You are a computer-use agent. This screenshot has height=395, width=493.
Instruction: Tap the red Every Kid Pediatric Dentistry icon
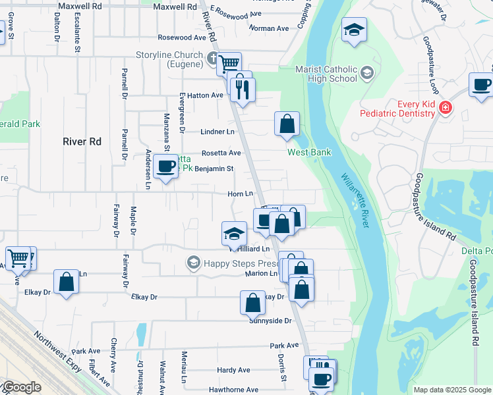[x=446, y=107]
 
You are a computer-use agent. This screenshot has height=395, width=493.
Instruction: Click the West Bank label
[x=308, y=152]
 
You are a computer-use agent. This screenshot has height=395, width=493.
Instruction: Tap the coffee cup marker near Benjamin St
[x=166, y=166]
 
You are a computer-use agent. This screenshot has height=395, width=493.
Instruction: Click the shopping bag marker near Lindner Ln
[x=287, y=124]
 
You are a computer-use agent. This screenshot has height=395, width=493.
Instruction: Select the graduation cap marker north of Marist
[x=354, y=30]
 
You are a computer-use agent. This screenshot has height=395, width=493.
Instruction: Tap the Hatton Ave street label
[x=205, y=95]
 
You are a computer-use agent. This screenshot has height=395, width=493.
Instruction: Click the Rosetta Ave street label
[x=221, y=153]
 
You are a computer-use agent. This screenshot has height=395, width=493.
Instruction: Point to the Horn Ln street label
[x=240, y=194]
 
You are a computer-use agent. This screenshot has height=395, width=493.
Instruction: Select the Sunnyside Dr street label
[x=270, y=321]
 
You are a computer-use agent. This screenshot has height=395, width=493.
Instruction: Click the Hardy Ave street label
[x=233, y=371]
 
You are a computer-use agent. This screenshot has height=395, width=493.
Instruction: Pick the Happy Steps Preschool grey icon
[x=193, y=263]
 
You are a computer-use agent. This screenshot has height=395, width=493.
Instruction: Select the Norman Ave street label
[x=269, y=29]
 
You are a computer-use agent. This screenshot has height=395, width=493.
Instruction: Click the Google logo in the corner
[x=21, y=387]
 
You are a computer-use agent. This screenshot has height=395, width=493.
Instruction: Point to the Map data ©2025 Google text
[x=451, y=390]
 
